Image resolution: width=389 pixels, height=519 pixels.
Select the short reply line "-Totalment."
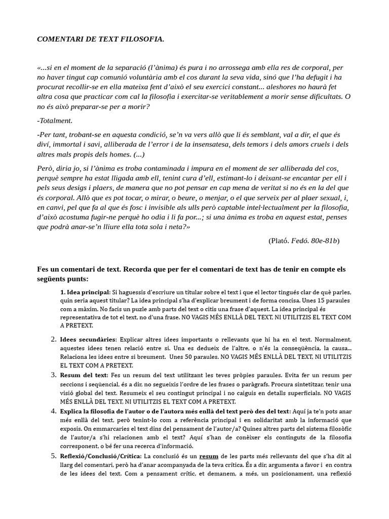pyautogui.click(x=55, y=121)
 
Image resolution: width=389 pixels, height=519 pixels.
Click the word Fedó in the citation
pyautogui.click(x=301, y=241)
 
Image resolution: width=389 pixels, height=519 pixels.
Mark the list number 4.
pyautogui.click(x=53, y=411)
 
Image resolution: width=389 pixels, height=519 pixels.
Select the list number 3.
pyautogui.click(x=53, y=375)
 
